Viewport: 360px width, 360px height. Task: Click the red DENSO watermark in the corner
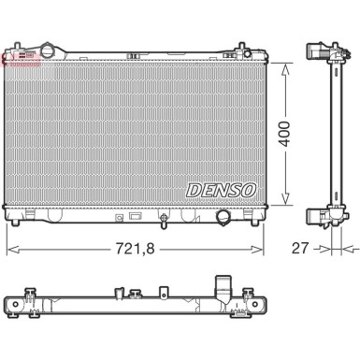click(x=19, y=59)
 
